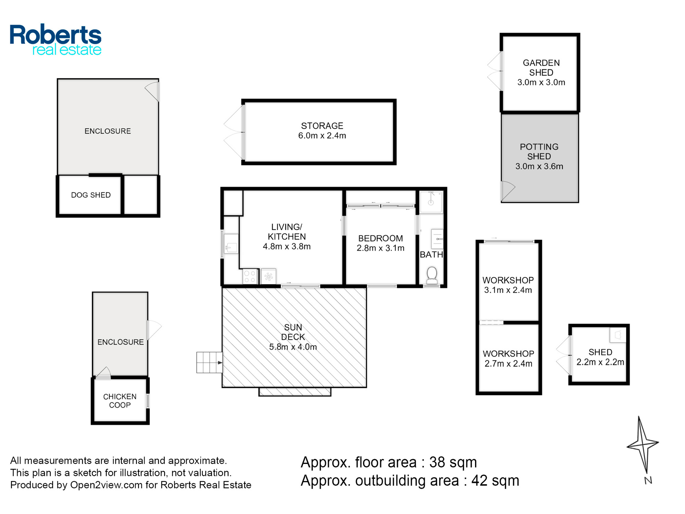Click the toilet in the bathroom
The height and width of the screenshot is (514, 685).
point(432,275)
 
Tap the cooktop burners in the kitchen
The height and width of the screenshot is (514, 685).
point(250,277)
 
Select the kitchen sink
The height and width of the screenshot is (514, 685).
point(231,244)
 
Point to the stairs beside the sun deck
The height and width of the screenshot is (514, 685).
point(209,362)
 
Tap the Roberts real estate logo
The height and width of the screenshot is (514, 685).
point(55,40)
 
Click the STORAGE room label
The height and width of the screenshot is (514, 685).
point(322,126)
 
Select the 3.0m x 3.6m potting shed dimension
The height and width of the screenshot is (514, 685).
point(539,166)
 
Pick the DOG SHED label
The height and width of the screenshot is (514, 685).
point(91,195)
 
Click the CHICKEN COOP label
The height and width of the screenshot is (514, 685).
point(120,401)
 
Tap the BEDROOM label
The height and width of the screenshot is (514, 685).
point(381,238)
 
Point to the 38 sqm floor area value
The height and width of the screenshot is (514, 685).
point(453,462)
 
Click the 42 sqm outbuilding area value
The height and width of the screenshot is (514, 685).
point(495,481)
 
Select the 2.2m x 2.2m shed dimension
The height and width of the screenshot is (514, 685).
point(600,362)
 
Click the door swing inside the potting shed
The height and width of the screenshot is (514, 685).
point(508,191)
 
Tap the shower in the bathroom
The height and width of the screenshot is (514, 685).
point(431,202)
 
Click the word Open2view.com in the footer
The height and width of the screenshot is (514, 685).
point(106,485)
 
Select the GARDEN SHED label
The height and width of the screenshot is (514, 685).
point(541,68)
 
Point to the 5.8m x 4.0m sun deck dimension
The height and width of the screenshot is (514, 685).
point(293,347)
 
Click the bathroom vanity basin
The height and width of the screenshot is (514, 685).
point(437,239)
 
